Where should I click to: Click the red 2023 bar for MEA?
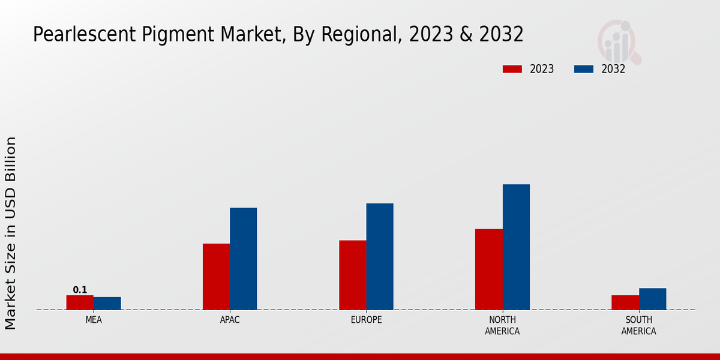click(80, 302)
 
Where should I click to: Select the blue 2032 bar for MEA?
click(107, 304)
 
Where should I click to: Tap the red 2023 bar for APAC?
click(216, 277)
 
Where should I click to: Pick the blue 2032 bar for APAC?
click(244, 259)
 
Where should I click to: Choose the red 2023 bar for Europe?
click(353, 275)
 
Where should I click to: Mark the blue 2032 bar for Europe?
click(380, 256)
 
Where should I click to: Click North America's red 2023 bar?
click(489, 269)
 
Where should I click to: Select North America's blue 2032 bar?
click(516, 247)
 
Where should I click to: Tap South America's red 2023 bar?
click(625, 302)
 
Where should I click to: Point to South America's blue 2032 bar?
click(653, 299)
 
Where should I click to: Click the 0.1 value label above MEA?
click(80, 290)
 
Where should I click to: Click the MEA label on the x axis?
click(94, 320)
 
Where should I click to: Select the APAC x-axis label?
click(230, 320)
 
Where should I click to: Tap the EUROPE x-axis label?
click(366, 320)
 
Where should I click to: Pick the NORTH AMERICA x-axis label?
click(503, 325)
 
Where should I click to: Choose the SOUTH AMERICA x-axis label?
click(639, 325)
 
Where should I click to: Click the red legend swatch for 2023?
click(512, 69)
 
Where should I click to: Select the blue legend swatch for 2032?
click(584, 69)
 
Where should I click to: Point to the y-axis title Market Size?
click(11, 233)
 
